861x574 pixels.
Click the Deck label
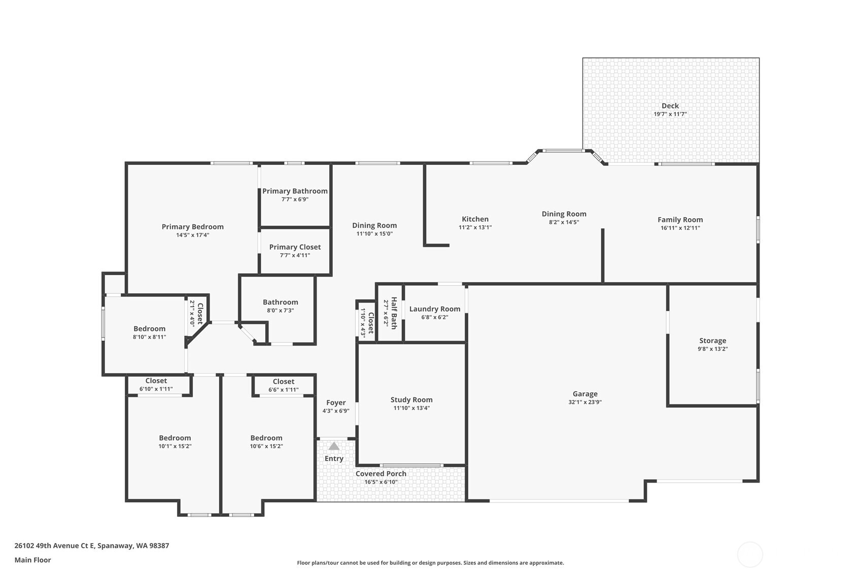(670, 106)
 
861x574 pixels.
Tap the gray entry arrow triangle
(333, 446)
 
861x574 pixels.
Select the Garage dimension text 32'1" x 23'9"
(585, 402)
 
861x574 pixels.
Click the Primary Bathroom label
(295, 191)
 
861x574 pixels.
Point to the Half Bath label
(394, 313)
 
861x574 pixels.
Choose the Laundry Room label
(435, 309)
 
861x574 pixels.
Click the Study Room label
(411, 399)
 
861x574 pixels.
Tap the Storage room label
(712, 341)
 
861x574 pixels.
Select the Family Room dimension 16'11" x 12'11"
(680, 228)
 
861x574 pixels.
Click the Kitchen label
(475, 219)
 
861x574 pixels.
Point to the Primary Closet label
(295, 247)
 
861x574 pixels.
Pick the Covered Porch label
(381, 474)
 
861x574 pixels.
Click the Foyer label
(336, 402)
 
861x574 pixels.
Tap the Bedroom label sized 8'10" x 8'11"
(149, 328)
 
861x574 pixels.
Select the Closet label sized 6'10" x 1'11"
(156, 381)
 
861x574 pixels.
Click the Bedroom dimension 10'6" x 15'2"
(266, 446)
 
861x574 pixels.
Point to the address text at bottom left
(92, 546)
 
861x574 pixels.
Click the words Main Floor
(32, 560)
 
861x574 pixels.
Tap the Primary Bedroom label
(192, 226)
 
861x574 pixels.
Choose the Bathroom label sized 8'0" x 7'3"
(280, 302)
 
